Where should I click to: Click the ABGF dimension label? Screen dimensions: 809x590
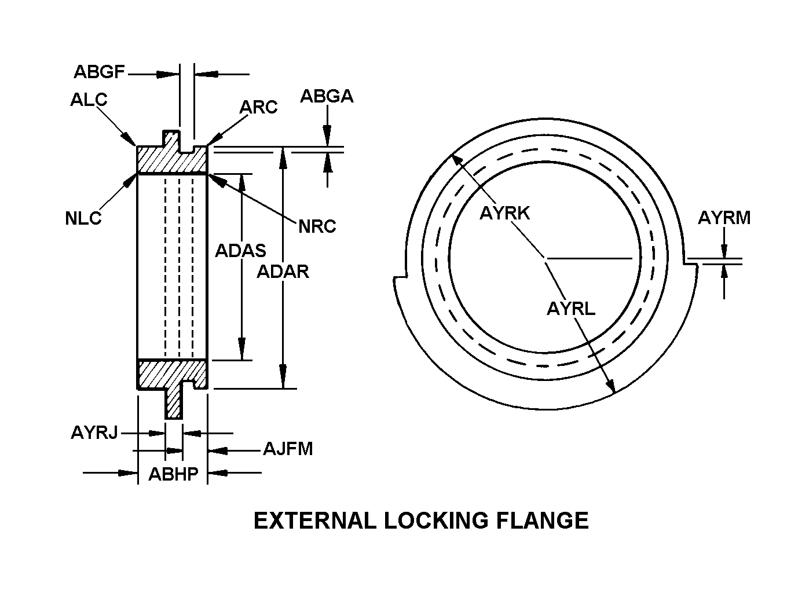(100, 72)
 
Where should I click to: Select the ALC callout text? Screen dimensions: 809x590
(89, 100)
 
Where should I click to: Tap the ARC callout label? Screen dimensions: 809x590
(258, 107)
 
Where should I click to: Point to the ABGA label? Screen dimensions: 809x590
(327, 96)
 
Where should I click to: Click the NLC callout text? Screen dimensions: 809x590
(83, 218)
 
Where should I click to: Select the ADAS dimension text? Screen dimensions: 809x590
(240, 251)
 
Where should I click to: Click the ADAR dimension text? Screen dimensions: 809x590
(283, 272)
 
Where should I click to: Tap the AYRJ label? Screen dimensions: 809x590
(94, 433)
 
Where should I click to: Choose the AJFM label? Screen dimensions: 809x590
(288, 449)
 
